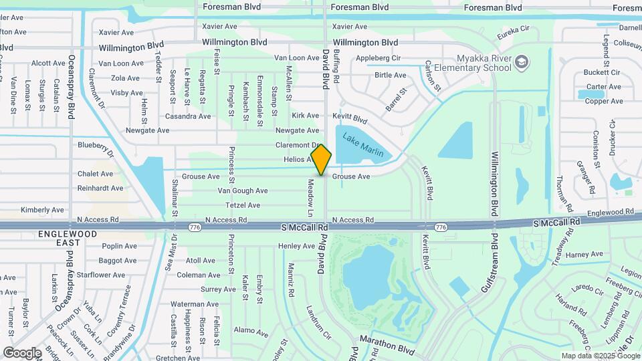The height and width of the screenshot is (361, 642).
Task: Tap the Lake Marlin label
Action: [363, 144]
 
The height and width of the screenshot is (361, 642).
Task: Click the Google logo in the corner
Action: [22, 352]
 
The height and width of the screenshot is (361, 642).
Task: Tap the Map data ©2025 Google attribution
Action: [600, 356]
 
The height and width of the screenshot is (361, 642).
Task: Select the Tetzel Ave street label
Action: [243, 205]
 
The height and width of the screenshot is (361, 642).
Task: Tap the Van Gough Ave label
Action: [243, 191]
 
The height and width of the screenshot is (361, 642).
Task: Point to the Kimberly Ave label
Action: [42, 210]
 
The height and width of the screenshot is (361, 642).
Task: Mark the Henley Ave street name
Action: [296, 246]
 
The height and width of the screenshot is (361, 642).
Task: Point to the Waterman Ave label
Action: [191, 304]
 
